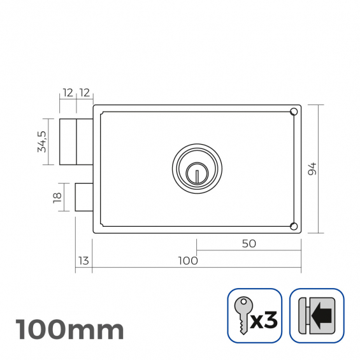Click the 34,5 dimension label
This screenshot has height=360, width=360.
42,141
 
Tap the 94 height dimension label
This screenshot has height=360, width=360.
312,169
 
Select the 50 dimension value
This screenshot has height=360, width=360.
249,243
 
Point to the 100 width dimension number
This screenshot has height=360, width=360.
188,261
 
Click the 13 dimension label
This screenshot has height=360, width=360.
83,261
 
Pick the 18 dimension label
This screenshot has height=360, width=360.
57,198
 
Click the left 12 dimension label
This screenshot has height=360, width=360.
68,93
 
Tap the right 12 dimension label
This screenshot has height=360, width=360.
85,93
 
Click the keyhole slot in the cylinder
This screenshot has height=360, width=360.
197,176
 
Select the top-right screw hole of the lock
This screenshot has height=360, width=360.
294,112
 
